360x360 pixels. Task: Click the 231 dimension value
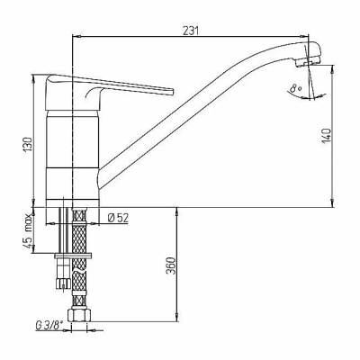pyautogui.click(x=191, y=31)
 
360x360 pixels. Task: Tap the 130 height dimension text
pyautogui.click(x=28, y=145)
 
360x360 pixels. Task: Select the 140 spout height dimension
pyautogui.click(x=327, y=136)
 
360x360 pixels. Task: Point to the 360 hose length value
pyautogui.click(x=171, y=265)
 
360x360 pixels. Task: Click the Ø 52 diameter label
pyautogui.click(x=118, y=218)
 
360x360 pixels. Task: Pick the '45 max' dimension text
pyautogui.click(x=28, y=231)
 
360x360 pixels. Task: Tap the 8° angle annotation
pyautogui.click(x=296, y=88)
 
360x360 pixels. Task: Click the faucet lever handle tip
pyautogui.click(x=172, y=92)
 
